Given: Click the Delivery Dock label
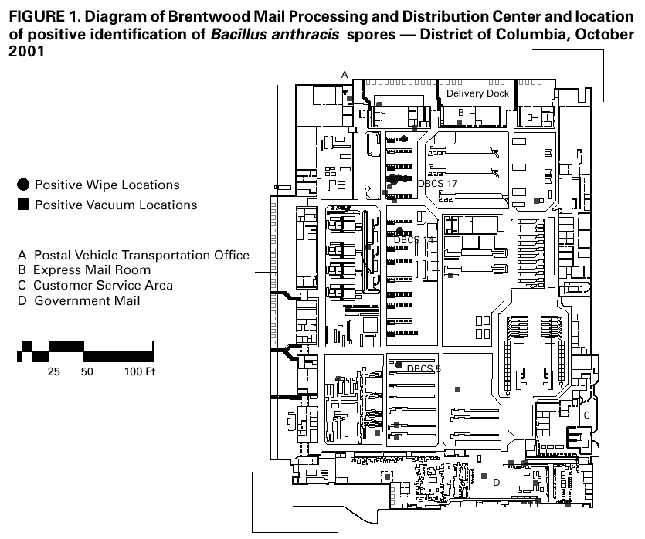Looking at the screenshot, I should pos(477,93).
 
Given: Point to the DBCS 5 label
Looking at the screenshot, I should pos(423,369).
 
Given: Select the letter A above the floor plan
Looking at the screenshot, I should pos(345,74).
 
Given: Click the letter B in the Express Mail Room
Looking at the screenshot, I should pos(460,113).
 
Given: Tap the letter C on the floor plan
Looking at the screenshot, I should pos(586,415).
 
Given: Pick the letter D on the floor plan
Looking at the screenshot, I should pos(497,483).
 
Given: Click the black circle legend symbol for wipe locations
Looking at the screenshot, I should pos(24,185).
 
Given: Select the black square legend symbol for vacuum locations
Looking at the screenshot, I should pos(24,205).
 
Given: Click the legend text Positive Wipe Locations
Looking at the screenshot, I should pos(107,185).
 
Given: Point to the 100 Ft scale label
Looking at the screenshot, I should pos(140,371).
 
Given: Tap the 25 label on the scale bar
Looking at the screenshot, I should pos(54,371).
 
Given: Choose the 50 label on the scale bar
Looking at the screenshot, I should pos(87,371).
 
